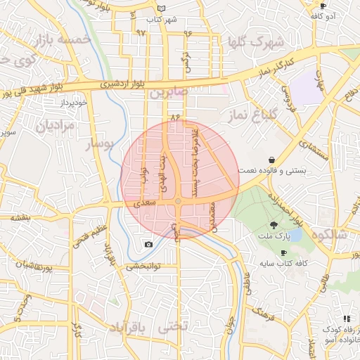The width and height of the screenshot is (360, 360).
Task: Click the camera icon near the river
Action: (148, 244)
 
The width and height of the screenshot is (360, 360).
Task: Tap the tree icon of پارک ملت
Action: (272, 225)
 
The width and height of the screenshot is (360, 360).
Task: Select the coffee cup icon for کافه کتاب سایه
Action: (284, 252)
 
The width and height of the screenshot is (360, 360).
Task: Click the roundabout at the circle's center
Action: (179, 202)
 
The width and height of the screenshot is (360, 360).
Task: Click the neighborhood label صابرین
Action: (165, 92)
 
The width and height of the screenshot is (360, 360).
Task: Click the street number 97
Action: (141, 32)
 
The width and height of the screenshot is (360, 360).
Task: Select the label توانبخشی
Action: (144, 266)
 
